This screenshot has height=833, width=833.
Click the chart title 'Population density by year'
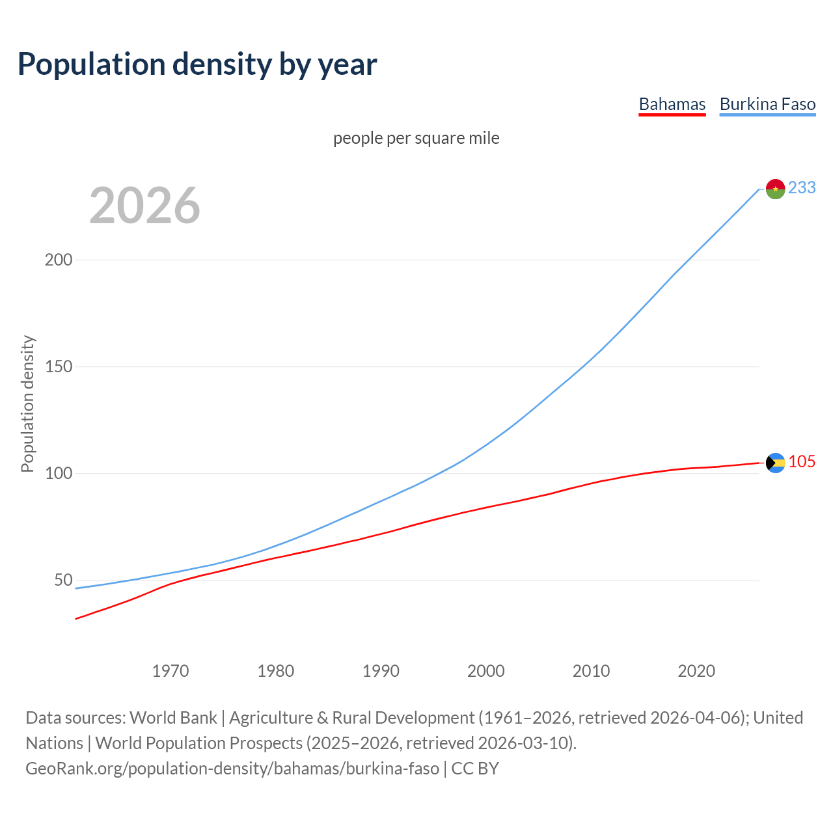(197, 64)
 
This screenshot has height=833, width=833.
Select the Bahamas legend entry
(672, 104)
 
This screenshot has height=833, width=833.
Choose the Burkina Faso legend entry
(767, 104)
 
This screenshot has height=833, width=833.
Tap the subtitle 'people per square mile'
(416, 138)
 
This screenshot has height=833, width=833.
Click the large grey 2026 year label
(144, 206)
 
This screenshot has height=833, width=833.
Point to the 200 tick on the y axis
(59, 260)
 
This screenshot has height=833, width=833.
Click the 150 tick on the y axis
(59, 366)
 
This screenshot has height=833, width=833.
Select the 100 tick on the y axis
(59, 473)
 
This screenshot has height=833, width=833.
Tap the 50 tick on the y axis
(63, 580)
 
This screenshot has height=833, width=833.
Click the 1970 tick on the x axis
(171, 670)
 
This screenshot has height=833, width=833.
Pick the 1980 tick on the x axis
(276, 670)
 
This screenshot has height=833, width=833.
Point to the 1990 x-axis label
(381, 670)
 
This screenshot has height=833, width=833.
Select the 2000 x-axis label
(486, 670)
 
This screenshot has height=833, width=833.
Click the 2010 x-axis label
(591, 670)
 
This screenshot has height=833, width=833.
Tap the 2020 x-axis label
(696, 670)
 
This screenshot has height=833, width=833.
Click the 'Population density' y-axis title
(27, 403)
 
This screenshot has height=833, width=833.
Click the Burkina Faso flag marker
(775, 189)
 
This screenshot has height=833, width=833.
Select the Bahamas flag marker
(775, 463)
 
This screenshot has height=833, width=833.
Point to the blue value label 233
(802, 187)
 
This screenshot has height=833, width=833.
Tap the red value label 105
(802, 461)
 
